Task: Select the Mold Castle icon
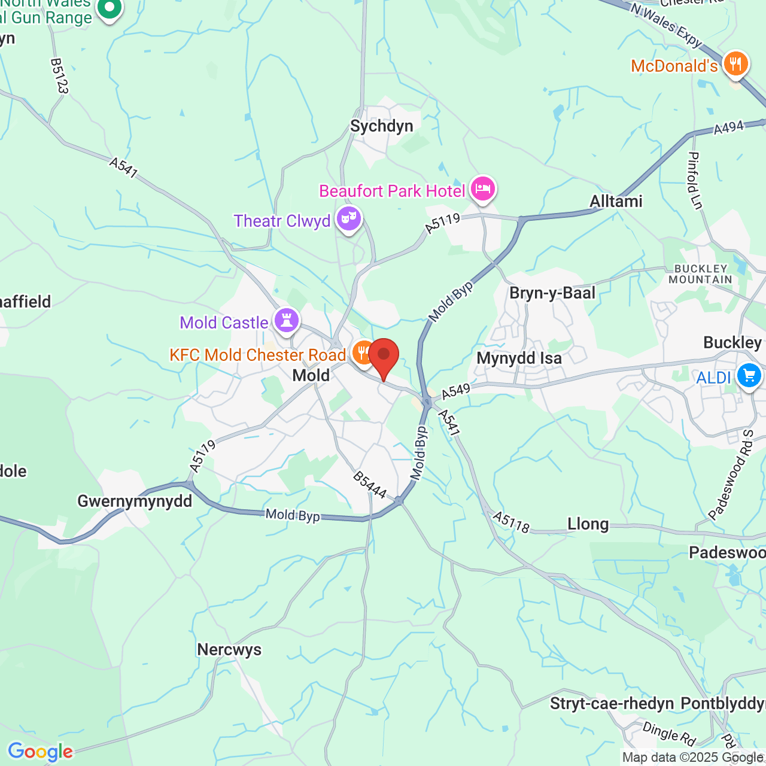287,320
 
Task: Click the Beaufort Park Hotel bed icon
482,189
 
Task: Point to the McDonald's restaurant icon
735,63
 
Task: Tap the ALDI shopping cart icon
749,376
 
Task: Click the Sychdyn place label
382,126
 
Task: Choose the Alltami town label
616,202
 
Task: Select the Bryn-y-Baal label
552,293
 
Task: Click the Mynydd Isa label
519,358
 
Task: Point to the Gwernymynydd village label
135,501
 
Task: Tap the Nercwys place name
229,650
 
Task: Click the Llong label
588,525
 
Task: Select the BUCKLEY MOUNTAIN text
700,274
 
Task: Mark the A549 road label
456,391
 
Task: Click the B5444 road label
369,485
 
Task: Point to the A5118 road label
511,522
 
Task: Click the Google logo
40,752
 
